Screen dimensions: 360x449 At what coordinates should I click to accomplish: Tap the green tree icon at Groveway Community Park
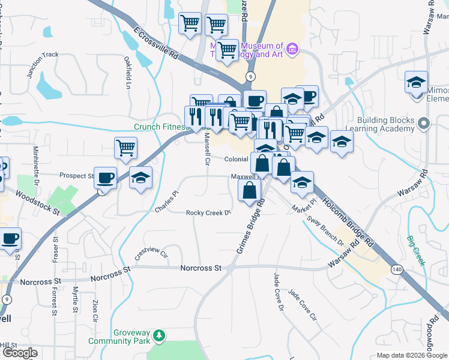158,335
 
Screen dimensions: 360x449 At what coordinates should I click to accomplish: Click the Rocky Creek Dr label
208,213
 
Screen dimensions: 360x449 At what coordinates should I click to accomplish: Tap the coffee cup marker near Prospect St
106,178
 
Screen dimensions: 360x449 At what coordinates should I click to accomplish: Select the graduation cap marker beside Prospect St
140,178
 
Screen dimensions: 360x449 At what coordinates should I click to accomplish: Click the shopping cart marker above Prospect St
125,148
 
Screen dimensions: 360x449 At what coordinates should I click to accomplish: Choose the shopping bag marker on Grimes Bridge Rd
250,191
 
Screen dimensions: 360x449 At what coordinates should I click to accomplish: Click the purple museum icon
292,48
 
